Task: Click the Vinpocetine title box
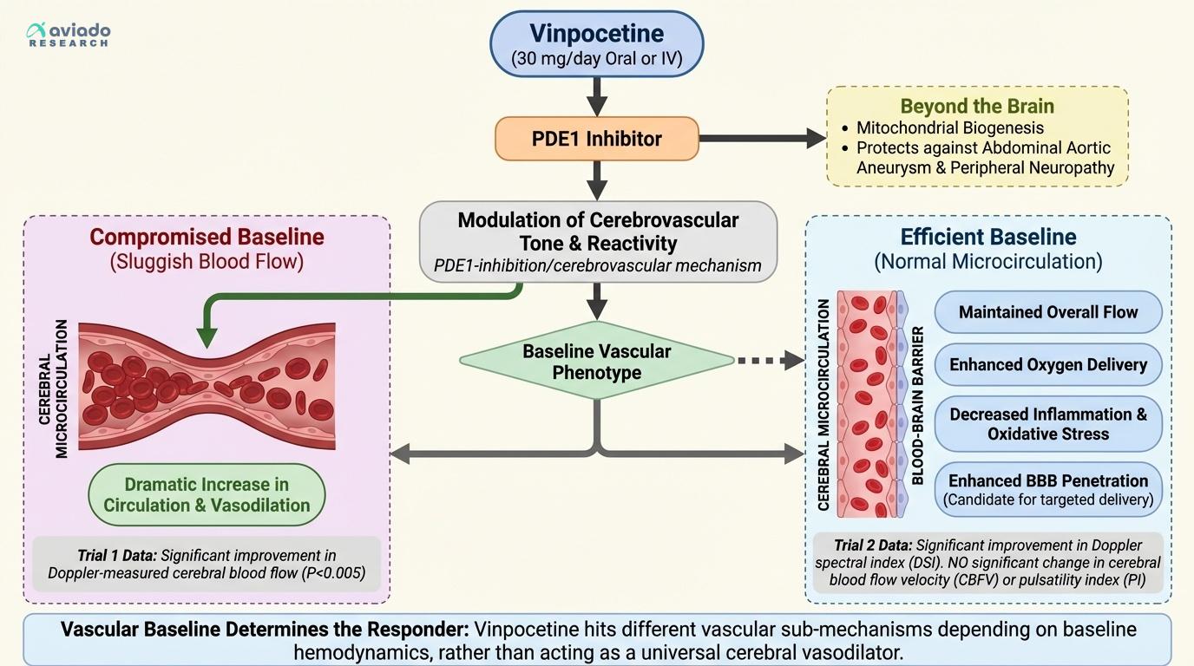click(x=597, y=43)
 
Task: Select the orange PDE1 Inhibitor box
click(x=597, y=139)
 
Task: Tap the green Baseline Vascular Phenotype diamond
click(x=597, y=362)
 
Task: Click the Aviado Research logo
click(x=69, y=34)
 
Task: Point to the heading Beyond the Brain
click(x=977, y=107)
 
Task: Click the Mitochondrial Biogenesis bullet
click(x=949, y=127)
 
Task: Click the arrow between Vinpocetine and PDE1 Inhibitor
click(x=597, y=95)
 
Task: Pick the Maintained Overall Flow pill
click(x=1047, y=312)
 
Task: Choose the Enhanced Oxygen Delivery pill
click(x=1047, y=364)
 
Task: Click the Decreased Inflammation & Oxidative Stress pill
click(x=1047, y=424)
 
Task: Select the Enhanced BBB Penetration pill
click(x=1047, y=490)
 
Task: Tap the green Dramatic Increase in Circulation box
click(x=207, y=495)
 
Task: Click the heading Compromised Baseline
click(x=207, y=237)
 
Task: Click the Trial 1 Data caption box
click(x=207, y=564)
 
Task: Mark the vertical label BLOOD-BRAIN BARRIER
click(x=917, y=406)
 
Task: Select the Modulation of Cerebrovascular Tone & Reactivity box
click(x=597, y=242)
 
